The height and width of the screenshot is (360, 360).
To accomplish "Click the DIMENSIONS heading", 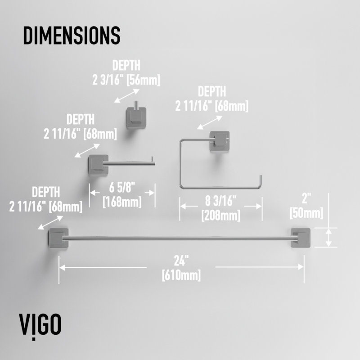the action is (72, 36).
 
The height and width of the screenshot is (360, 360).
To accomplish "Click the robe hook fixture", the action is (136, 116).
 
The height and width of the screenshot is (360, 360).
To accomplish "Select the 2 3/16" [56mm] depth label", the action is (126, 80).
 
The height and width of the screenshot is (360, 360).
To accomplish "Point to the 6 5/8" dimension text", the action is (122, 187).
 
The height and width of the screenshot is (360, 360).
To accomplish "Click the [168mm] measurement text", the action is (122, 202).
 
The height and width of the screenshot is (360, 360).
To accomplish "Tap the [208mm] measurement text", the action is (220, 216).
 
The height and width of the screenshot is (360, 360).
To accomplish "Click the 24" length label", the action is (181, 261).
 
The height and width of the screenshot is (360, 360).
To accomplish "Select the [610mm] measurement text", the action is (181, 275).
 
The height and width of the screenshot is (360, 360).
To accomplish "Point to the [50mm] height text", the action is (306, 213).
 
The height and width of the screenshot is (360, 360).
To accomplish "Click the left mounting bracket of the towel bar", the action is (58, 238).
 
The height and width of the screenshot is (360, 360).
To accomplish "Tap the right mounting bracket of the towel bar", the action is (301, 238).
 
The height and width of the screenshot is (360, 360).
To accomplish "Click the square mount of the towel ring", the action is (220, 141).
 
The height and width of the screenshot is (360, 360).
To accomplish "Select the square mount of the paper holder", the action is (98, 165).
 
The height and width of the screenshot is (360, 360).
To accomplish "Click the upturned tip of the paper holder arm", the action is (152, 159).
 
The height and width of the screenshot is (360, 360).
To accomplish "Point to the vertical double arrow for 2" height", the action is (329, 238).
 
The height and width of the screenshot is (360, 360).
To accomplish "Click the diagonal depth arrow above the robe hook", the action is (127, 96).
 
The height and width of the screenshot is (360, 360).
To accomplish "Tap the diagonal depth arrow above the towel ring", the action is (210, 122).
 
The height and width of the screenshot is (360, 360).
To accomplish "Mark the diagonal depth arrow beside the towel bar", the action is (50, 222).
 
